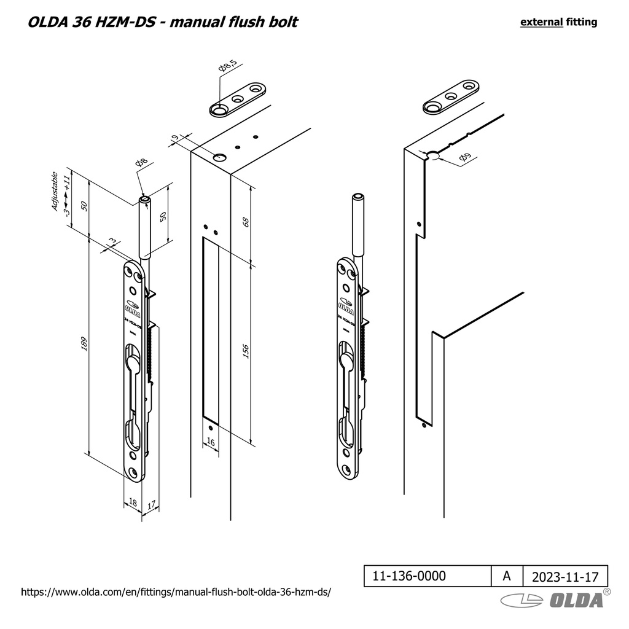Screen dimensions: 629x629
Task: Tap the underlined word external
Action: pos(541,22)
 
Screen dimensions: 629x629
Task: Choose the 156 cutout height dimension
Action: pos(245,351)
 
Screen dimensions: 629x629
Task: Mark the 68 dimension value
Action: pos(245,222)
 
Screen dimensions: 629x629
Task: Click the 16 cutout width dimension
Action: pos(210,442)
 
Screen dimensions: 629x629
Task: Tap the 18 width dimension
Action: pos(133,503)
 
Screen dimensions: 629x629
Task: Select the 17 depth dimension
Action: pos(151,505)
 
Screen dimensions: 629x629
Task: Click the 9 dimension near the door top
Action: pos(174,138)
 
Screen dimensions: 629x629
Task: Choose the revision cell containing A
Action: pos(506,576)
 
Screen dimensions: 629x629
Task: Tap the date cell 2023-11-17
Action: pos(565,577)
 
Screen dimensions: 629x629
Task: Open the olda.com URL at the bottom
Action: pos(176,593)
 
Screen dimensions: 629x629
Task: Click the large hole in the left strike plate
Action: pos(219,110)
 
